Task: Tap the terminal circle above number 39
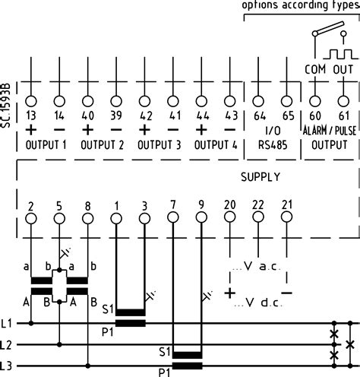115,100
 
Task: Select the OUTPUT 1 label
43,144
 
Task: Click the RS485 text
273,144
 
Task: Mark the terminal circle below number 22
258,218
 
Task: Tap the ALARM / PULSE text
330,131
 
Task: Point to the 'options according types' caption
300,6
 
